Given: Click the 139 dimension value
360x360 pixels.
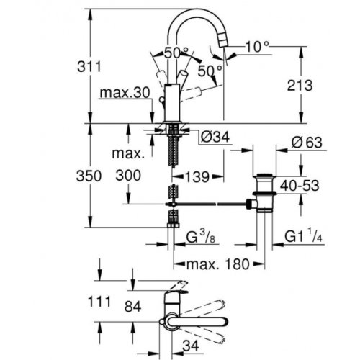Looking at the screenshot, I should tap(195, 176).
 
